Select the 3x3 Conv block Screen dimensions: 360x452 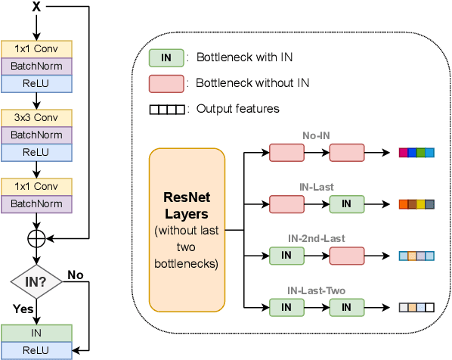(x=37, y=118)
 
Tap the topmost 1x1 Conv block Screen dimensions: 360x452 (x=37, y=49)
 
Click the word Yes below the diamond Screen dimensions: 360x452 (x=23, y=309)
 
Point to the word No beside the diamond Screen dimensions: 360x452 (x=76, y=274)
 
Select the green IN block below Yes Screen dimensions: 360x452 (x=37, y=333)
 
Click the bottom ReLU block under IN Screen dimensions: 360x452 (x=37, y=349)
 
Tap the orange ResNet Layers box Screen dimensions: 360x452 (x=187, y=229)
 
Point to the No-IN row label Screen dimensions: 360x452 (x=316, y=136)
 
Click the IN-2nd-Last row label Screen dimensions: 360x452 (x=316, y=238)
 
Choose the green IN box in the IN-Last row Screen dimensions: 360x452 (x=346, y=204)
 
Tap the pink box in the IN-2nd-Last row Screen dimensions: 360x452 (x=346, y=256)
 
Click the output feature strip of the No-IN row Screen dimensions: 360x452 (x=416, y=153)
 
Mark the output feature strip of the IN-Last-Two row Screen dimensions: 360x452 (x=416, y=308)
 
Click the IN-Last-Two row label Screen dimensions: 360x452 (x=316, y=290)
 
